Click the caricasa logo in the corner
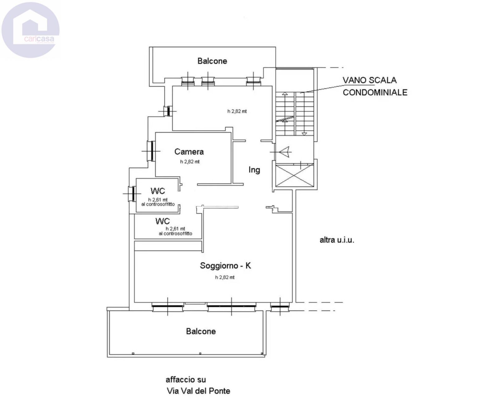(x=30, y=30)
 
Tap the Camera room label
(x=189, y=152)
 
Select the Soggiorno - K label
(x=226, y=265)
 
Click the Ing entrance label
(x=254, y=170)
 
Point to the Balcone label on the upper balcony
(x=212, y=61)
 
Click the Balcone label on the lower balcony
(x=201, y=331)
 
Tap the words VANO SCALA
(x=369, y=80)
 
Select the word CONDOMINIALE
(x=375, y=92)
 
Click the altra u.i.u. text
(x=337, y=240)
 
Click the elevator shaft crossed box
(x=295, y=175)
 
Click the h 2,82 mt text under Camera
(x=190, y=162)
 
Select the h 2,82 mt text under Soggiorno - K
(x=225, y=277)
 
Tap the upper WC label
(x=158, y=191)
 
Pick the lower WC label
(x=162, y=221)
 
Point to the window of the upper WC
(x=133, y=193)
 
